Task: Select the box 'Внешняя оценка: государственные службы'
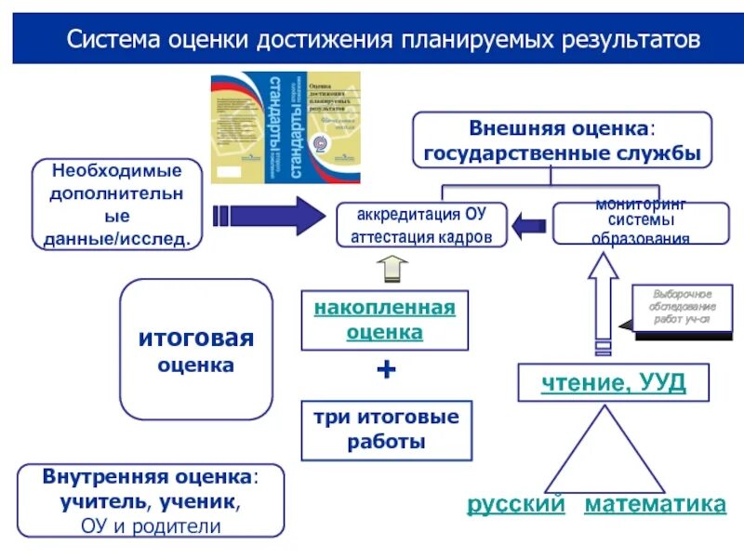point(562,139)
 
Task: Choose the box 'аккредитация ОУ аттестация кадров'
point(421,225)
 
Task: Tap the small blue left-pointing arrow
point(529,224)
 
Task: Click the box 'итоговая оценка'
point(196,349)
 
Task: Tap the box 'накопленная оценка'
point(385,320)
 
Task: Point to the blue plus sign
point(385,370)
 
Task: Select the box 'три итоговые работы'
point(385,429)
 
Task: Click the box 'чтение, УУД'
point(614,383)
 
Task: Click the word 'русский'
point(516,504)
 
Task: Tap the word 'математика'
point(655,504)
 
